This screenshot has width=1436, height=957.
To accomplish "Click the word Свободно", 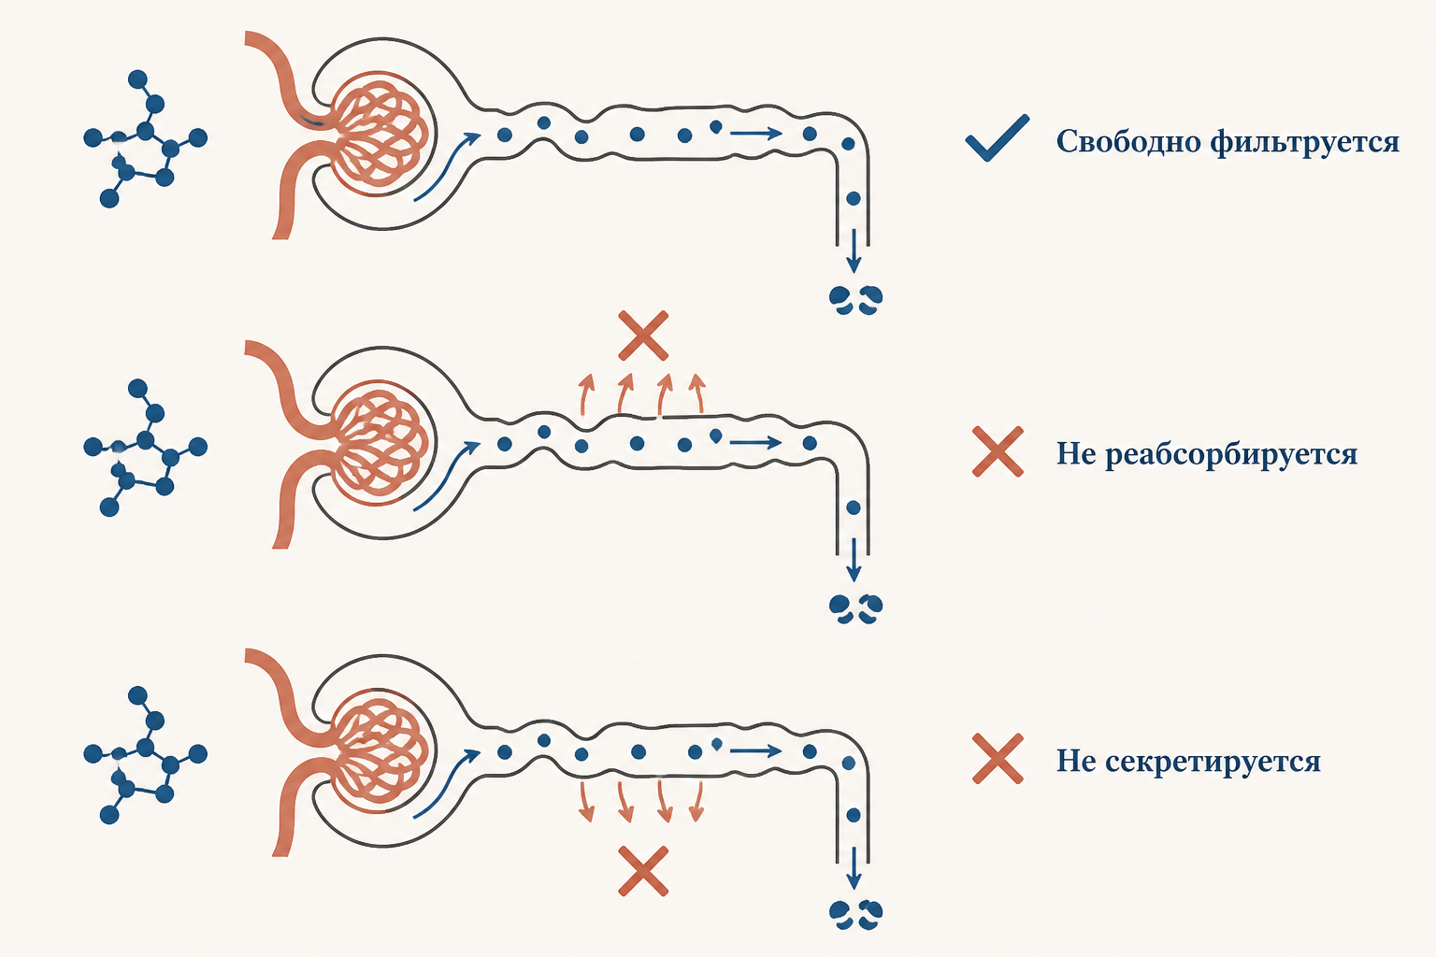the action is click(1129, 141).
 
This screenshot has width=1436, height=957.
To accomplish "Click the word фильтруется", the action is click(1305, 142).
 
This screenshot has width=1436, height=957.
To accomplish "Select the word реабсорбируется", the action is click(1231, 454).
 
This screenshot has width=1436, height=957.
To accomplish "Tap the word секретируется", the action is click(1213, 762).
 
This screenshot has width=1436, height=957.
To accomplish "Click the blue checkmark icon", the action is click(998, 138).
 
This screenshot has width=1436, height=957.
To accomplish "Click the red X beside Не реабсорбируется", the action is click(998, 452).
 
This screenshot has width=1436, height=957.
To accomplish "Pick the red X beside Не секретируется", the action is click(998, 759).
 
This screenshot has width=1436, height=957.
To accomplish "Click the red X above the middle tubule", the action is click(643, 336).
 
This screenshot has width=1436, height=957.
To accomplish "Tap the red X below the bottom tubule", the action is click(643, 871).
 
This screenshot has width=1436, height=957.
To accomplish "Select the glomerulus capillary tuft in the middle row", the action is click(381, 442).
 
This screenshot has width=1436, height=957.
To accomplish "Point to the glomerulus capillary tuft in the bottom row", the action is click(381, 750).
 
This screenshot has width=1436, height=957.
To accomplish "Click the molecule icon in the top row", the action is click(146, 138).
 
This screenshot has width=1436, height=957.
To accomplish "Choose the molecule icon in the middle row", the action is click(146, 448).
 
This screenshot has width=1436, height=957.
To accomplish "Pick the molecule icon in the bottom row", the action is click(146, 754).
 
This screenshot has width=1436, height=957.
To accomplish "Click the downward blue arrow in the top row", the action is click(854, 251).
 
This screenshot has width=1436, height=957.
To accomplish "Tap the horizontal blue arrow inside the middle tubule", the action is click(755, 442).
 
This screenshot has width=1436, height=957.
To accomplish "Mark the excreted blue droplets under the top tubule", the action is click(855, 300).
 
